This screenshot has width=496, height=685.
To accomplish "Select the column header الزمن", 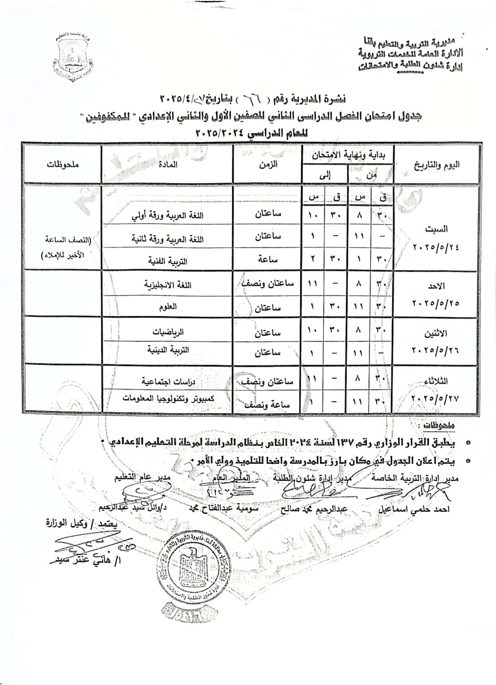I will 267,164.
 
